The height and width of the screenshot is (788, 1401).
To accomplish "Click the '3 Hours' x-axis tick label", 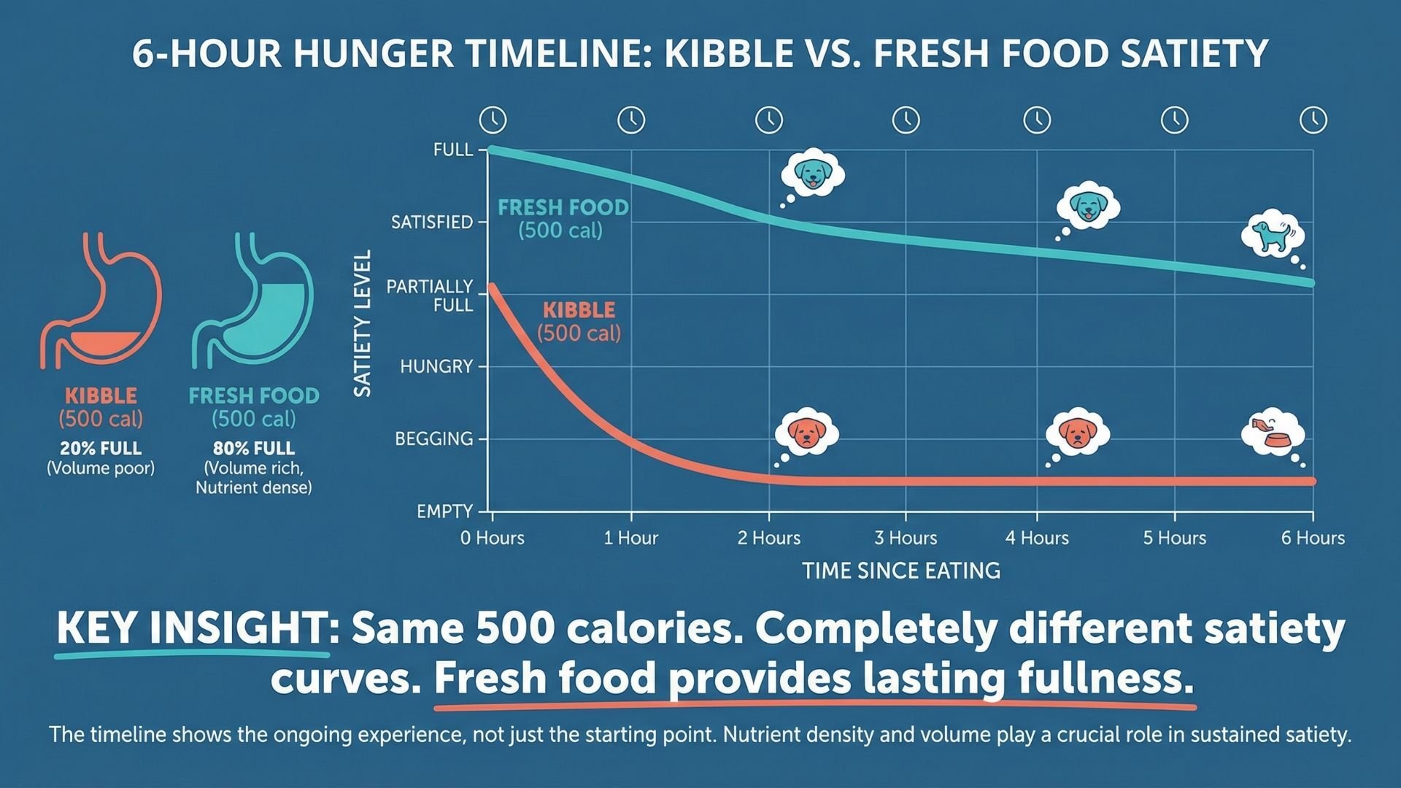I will [x=906, y=538].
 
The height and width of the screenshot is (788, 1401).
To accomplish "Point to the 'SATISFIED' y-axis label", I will [x=432, y=223].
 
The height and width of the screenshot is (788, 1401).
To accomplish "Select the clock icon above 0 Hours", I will [x=493, y=120].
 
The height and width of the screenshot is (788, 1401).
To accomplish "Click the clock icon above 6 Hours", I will [x=1313, y=120].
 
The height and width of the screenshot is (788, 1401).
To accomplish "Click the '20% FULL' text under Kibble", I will [x=101, y=448].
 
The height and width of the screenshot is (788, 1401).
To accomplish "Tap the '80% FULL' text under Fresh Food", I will [x=253, y=448].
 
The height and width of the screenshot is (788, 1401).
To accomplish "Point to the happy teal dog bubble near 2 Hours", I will [x=812, y=174].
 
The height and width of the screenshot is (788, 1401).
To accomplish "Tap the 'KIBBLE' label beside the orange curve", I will [x=579, y=310].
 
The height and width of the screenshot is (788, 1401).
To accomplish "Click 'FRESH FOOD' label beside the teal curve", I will [x=563, y=208].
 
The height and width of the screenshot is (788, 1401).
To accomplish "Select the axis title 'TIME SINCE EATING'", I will [x=901, y=571].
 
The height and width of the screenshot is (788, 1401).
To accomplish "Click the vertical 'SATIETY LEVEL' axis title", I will [x=363, y=323].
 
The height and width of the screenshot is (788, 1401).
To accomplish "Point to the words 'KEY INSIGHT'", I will [x=192, y=627].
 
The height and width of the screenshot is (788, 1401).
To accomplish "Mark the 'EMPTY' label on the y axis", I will [x=444, y=511].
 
